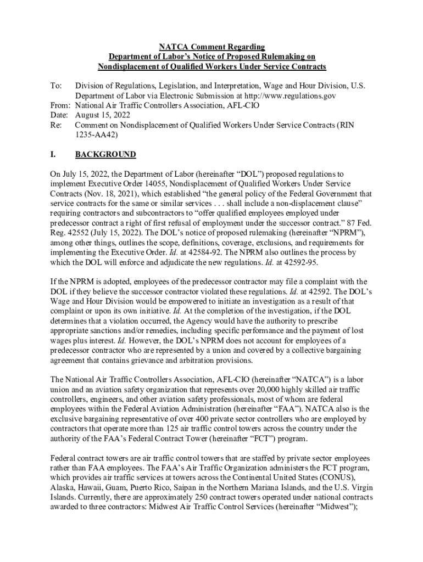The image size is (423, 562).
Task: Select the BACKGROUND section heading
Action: pos(105,155)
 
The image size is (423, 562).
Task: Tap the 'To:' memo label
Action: pos(55,86)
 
